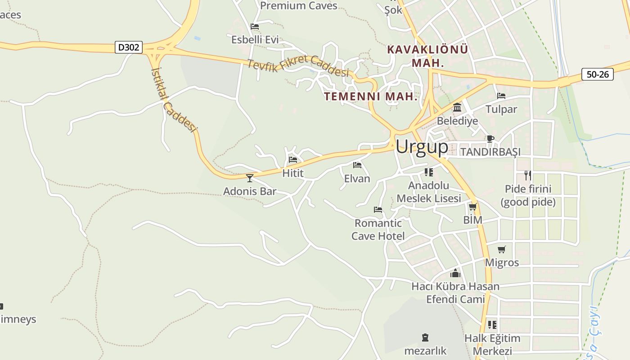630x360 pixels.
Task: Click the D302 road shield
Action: [129, 47]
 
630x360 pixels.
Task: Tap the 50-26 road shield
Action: [597, 74]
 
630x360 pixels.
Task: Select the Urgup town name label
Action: [422, 147]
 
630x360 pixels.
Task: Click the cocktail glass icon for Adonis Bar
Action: [250, 178]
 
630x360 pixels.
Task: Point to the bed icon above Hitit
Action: [293, 160]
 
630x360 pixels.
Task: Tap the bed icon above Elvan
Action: [357, 165]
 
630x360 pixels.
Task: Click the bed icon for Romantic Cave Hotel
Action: [378, 210]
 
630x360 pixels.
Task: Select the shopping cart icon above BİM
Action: [472, 207]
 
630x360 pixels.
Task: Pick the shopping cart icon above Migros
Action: [502, 249]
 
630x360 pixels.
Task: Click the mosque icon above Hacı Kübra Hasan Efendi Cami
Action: [455, 273]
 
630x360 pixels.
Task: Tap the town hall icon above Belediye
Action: [457, 108]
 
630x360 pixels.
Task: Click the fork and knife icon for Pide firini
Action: [528, 175]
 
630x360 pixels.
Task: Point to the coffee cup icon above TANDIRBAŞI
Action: [490, 139]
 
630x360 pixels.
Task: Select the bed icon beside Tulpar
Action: [501, 96]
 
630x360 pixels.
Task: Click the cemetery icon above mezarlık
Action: [425, 337]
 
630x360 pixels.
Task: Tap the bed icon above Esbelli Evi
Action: [255, 27]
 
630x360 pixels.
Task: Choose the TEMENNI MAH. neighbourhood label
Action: [371, 96]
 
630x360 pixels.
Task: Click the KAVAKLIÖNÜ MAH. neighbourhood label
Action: [427, 56]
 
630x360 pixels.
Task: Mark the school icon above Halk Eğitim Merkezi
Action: [492, 324]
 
